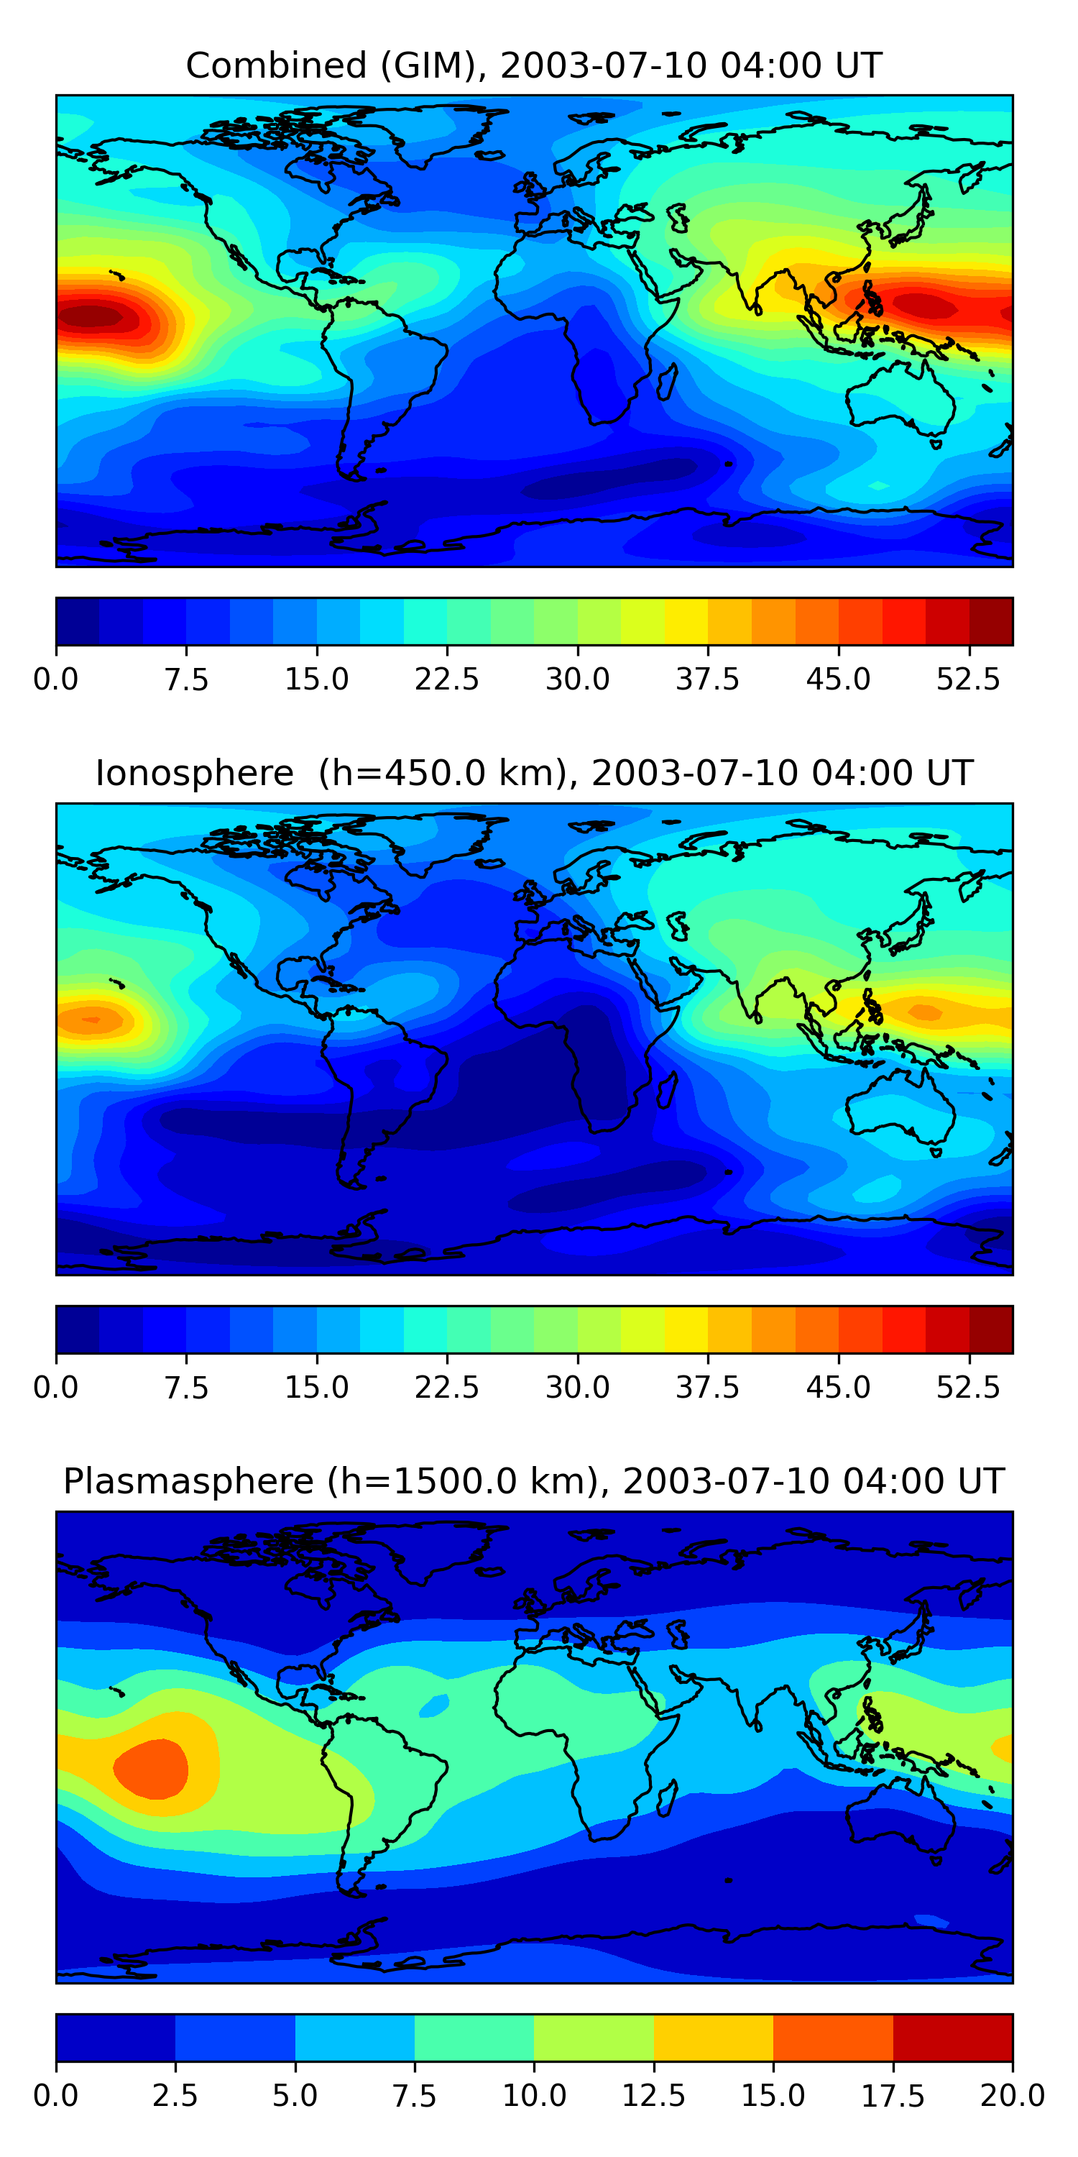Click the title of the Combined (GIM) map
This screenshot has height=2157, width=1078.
(534, 65)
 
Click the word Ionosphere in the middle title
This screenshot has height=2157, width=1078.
(194, 773)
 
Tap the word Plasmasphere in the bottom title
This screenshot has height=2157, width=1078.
(188, 1480)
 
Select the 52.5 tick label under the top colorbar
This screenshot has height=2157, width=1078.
(968, 679)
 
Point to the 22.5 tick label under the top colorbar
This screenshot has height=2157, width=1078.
(447, 679)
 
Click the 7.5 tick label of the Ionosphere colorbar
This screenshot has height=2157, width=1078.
(186, 1387)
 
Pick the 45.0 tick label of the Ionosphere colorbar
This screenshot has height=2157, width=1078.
(838, 1387)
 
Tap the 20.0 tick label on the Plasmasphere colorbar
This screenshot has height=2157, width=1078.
(1012, 2095)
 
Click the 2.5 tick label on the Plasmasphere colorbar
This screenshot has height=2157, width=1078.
(175, 2095)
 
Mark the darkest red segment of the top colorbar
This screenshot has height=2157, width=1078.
(991, 621)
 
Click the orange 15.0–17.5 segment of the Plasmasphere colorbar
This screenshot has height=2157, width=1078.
(833, 2037)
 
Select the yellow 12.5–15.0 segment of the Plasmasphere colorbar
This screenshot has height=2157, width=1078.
(713, 2037)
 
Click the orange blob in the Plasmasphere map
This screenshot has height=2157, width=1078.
(152, 1767)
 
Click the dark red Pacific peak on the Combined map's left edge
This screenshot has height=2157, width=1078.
(92, 316)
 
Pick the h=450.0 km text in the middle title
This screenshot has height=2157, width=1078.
(444, 773)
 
